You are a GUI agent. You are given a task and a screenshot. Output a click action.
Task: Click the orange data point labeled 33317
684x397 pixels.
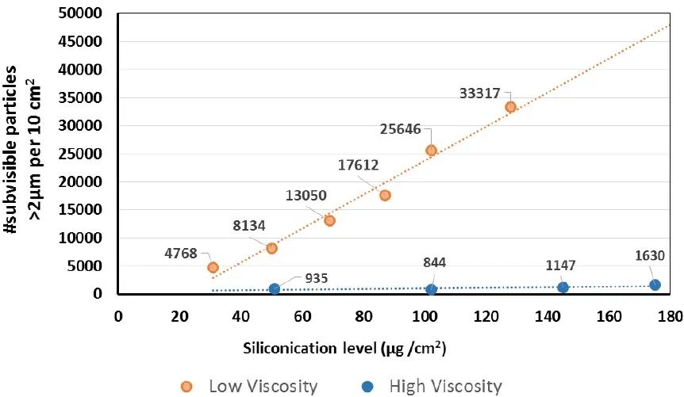tap(510, 106)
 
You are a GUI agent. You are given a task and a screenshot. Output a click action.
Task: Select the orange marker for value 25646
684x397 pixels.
tap(431, 150)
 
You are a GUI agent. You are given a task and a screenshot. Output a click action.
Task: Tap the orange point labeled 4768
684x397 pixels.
tap(213, 267)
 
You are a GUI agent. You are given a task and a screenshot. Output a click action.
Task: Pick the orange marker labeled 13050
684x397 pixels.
tap(329, 220)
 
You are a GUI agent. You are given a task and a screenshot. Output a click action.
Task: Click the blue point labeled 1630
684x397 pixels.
tap(655, 284)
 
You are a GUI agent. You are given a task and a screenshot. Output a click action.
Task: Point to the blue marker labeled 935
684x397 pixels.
tap(275, 288)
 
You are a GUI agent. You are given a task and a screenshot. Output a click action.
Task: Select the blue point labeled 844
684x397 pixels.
tap(431, 289)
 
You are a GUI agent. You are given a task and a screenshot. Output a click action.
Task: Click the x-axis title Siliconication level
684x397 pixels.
tap(381, 347)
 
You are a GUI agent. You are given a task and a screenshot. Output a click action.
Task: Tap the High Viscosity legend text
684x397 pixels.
tap(445, 387)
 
